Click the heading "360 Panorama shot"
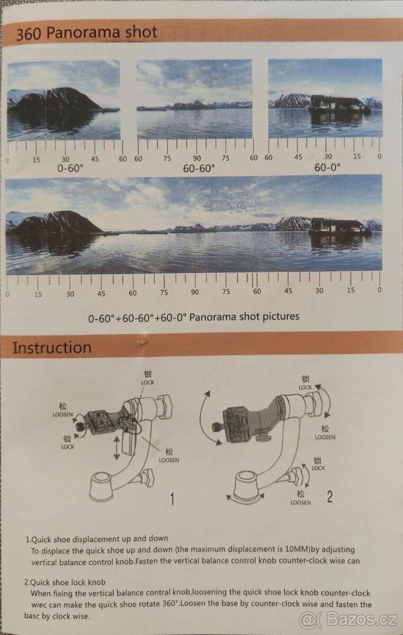(x=86, y=33)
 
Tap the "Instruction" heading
(x=52, y=348)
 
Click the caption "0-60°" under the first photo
(x=70, y=168)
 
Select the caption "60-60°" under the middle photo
(x=199, y=168)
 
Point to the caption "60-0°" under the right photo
(x=327, y=167)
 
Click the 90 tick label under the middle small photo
(x=197, y=158)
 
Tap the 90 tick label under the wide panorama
(x=195, y=292)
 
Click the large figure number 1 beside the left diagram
(x=172, y=498)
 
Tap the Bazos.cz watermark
(x=348, y=620)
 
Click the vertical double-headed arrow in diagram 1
(x=116, y=448)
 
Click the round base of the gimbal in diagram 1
(x=101, y=486)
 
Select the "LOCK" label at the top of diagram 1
(x=148, y=383)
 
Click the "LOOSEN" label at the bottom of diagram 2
(x=300, y=502)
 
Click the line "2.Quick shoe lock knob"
(x=65, y=582)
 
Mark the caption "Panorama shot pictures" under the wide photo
(x=244, y=316)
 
